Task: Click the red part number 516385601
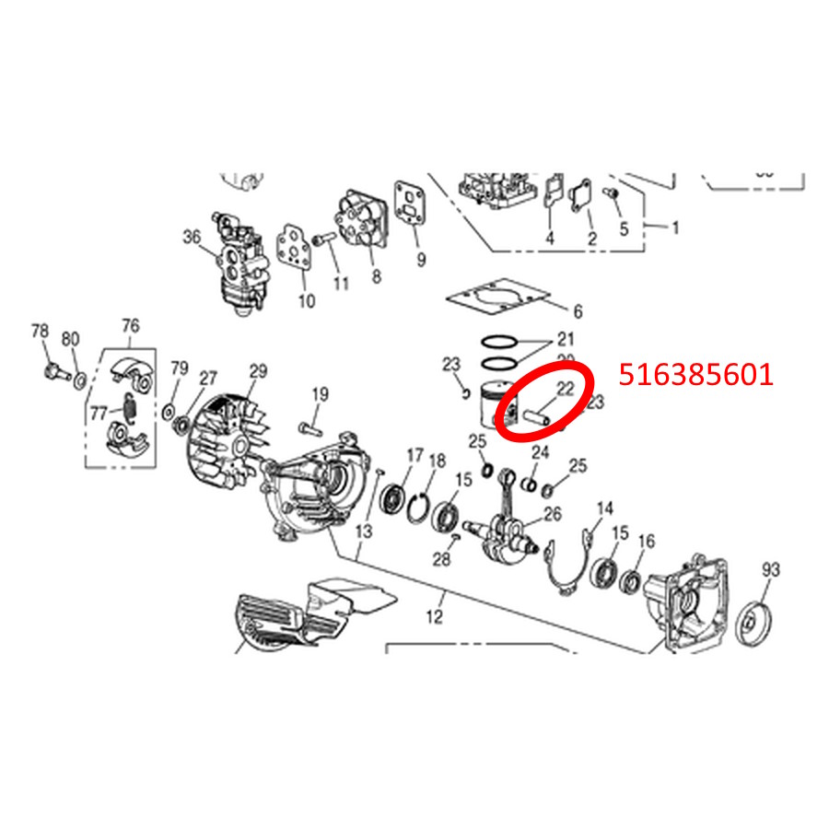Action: (696, 375)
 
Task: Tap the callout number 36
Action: (192, 237)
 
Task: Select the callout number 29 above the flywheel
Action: (258, 372)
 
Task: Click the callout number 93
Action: (771, 570)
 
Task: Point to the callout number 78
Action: (40, 332)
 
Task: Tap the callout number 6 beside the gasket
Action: (578, 311)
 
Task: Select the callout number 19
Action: (319, 395)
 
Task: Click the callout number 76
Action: (130, 325)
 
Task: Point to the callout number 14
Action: (604, 508)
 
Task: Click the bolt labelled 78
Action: (54, 372)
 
